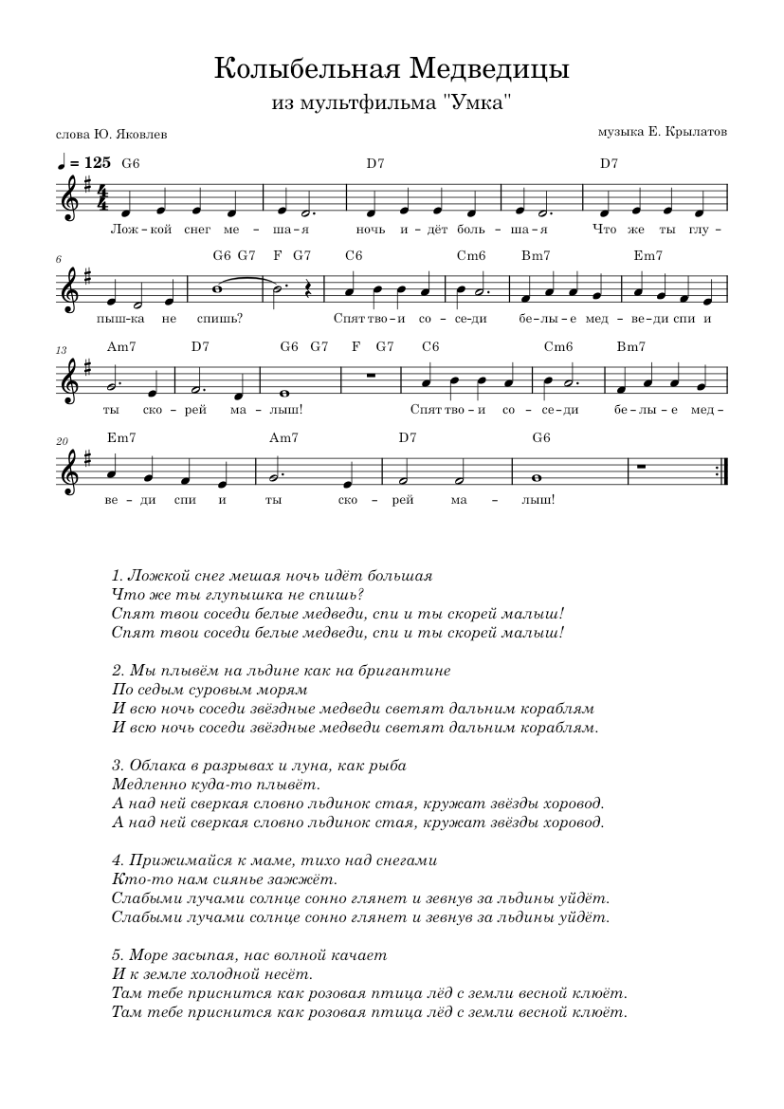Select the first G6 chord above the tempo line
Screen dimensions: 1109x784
coord(131,163)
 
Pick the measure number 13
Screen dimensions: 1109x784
coord(61,350)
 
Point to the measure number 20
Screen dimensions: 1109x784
coord(62,438)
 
